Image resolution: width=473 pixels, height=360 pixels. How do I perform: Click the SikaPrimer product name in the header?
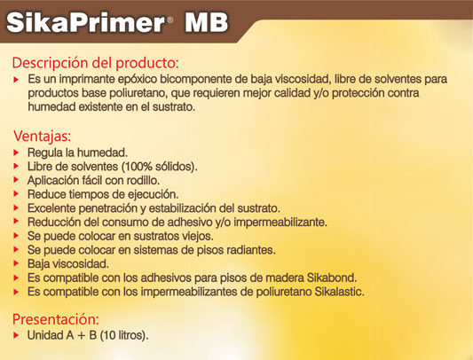(85, 23)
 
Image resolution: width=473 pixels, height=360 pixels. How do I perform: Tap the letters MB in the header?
(207, 23)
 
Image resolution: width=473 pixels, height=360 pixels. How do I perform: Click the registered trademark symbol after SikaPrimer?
(169, 20)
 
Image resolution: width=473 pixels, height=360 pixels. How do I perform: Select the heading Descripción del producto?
(95, 63)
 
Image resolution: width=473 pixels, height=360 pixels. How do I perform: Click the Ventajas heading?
(42, 137)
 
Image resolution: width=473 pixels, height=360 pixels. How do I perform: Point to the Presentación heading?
(56, 319)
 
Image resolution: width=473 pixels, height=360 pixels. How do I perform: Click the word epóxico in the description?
(138, 79)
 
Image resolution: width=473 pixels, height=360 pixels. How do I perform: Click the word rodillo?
(143, 180)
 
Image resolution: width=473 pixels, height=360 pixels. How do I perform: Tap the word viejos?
(198, 236)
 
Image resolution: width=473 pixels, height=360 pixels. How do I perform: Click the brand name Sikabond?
(332, 278)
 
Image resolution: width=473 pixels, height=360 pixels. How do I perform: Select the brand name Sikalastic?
(340, 292)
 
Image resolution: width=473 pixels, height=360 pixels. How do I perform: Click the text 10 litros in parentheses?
(124, 335)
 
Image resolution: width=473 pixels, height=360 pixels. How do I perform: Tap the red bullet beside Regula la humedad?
(16, 153)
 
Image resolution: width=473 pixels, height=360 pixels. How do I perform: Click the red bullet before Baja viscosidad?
(16, 264)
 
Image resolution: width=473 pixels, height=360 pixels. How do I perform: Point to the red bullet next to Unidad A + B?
(16, 335)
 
